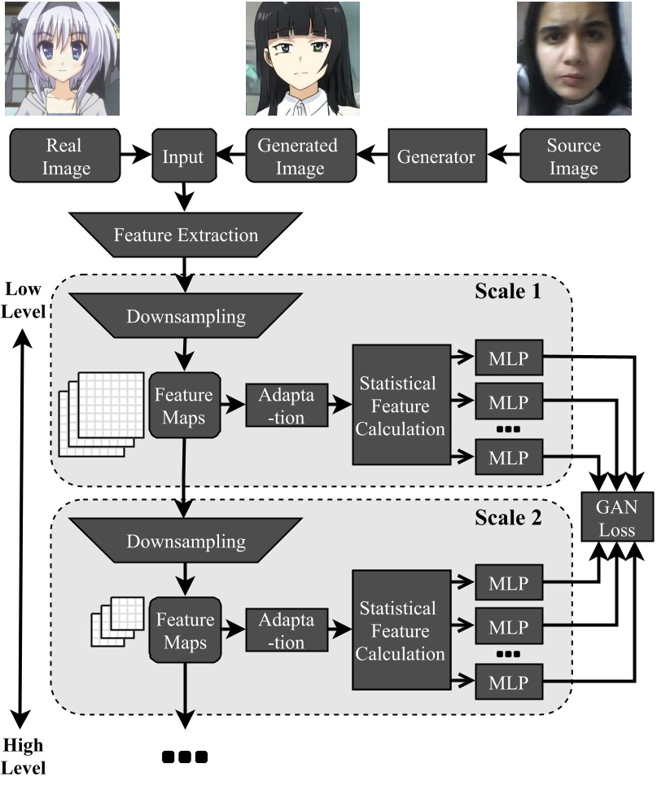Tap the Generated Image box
pyautogui.click(x=297, y=157)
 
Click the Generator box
pyautogui.click(x=436, y=157)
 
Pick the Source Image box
pyautogui.click(x=573, y=157)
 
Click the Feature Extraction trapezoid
pyautogui.click(x=186, y=235)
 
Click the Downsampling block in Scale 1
pyautogui.click(x=186, y=317)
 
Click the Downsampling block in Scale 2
pyautogui.click(x=186, y=541)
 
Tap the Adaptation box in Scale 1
pyautogui.click(x=287, y=405)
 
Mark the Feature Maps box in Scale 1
pyautogui.click(x=186, y=406)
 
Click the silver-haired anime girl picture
pyautogui.click(x=62, y=57)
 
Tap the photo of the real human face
pyautogui.click(x=574, y=57)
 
